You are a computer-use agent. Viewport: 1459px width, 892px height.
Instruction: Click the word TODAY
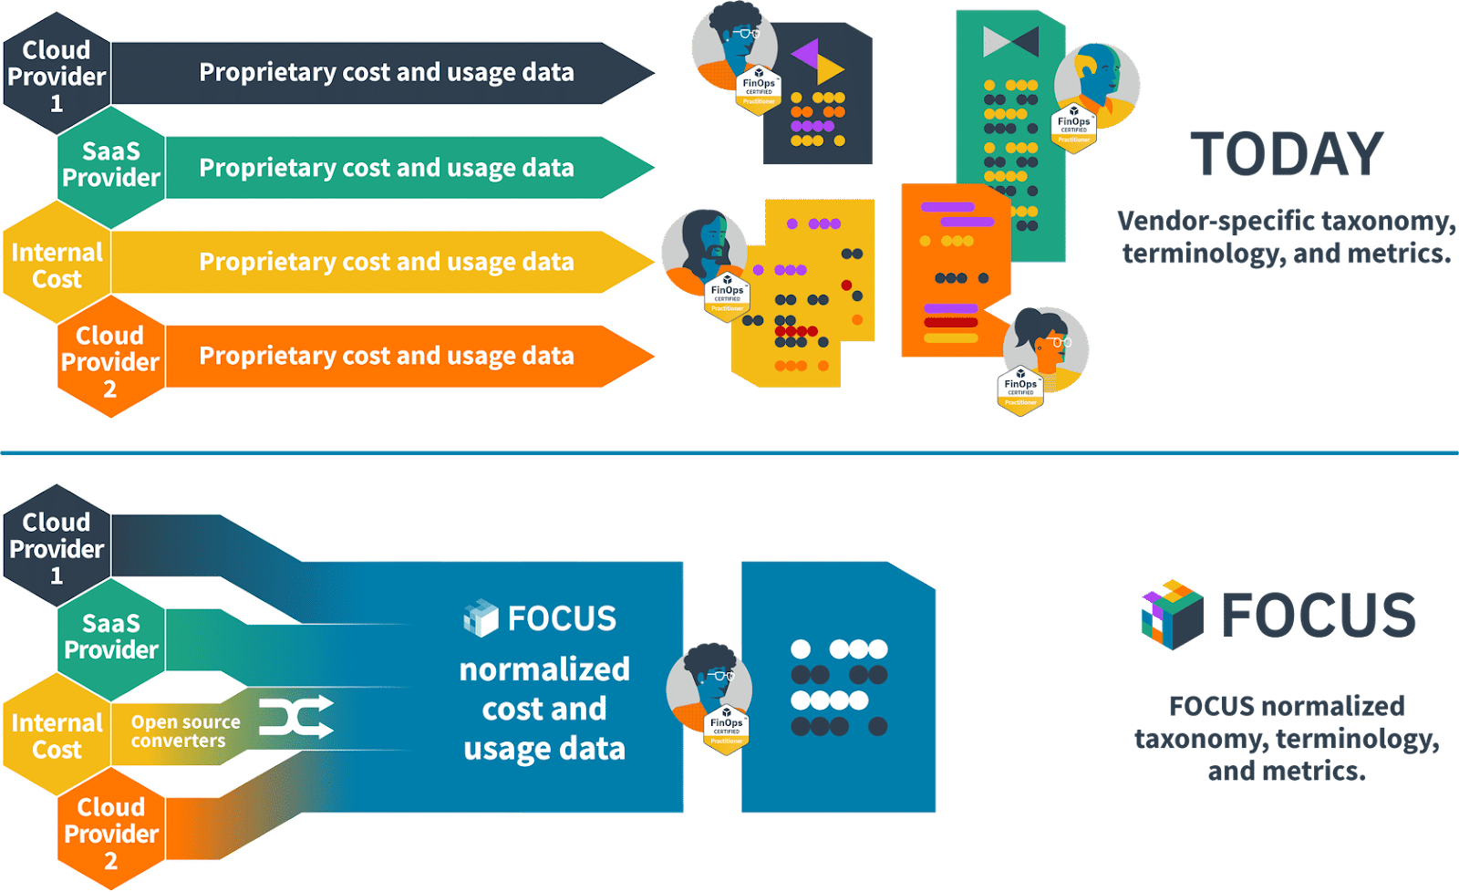(x=1287, y=154)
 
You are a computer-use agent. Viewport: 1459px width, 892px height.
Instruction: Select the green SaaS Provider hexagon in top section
(x=110, y=165)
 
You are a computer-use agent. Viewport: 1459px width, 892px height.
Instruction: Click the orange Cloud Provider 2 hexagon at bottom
(x=110, y=832)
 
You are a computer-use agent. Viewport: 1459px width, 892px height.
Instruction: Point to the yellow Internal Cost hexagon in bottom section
(x=57, y=735)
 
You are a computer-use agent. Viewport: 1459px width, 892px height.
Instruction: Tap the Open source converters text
(x=185, y=731)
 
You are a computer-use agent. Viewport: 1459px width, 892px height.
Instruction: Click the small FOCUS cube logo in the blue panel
(x=481, y=618)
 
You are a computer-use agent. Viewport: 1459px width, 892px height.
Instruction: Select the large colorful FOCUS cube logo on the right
(x=1172, y=614)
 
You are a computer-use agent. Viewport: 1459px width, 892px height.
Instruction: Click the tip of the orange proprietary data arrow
(x=651, y=356)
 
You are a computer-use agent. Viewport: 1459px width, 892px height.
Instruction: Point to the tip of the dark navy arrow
(x=651, y=72)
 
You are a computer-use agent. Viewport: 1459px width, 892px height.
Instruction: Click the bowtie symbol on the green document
(x=1010, y=41)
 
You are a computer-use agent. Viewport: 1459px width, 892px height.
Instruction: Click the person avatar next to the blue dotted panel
(x=709, y=683)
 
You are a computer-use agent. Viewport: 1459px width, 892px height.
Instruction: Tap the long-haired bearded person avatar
(x=702, y=247)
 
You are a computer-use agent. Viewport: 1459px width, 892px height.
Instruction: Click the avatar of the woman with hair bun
(x=1046, y=345)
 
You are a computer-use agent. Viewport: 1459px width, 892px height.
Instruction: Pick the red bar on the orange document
(x=950, y=322)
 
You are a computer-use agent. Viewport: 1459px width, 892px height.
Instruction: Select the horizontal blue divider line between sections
(x=729, y=451)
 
